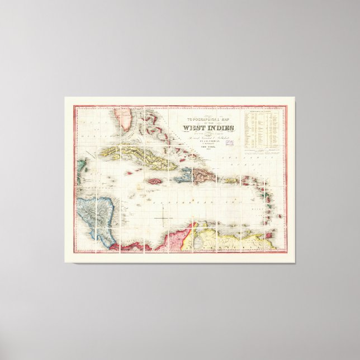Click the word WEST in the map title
pos(192,128)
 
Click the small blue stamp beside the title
pos(230,142)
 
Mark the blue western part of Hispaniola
pos(183,179)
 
